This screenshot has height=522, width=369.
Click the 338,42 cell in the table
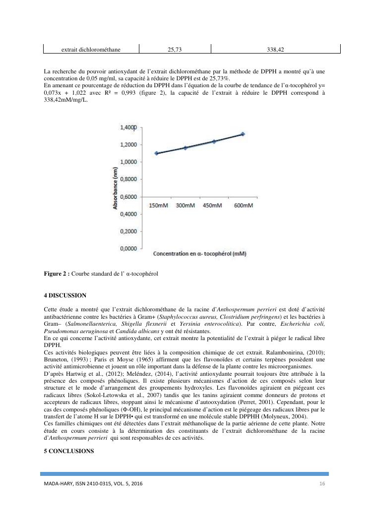(x=276, y=50)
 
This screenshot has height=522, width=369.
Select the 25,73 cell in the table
(x=175, y=50)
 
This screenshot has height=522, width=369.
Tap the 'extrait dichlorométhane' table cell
(x=91, y=50)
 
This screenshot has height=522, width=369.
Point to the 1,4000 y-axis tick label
(x=128, y=127)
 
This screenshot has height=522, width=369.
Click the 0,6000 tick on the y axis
(x=128, y=197)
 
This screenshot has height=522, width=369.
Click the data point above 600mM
(x=243, y=134)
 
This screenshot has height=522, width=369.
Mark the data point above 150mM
(x=157, y=153)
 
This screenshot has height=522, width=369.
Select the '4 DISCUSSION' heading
(x=65, y=295)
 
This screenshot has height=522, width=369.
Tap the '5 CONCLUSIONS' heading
(x=68, y=451)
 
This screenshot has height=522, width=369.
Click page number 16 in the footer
(x=321, y=483)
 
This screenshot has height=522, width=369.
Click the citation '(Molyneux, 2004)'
(x=281, y=416)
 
